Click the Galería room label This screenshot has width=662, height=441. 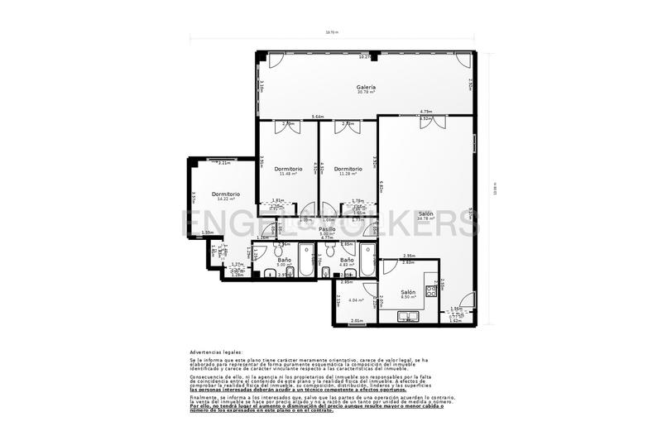(x=367, y=87)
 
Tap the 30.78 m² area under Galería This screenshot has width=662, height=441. (x=367, y=92)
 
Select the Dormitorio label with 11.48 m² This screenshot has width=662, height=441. (x=289, y=169)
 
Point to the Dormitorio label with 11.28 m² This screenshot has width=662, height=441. (x=348, y=169)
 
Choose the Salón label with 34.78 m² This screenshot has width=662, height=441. (x=426, y=213)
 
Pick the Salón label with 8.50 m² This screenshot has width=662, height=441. (x=409, y=292)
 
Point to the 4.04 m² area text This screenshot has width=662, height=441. (x=356, y=300)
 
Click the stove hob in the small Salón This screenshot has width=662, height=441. (x=430, y=290)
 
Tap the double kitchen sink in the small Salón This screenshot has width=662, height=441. (x=410, y=315)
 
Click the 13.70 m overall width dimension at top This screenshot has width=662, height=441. (x=332, y=32)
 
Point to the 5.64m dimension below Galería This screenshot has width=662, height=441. (x=318, y=117)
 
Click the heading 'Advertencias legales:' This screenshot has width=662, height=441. (x=216, y=352)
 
